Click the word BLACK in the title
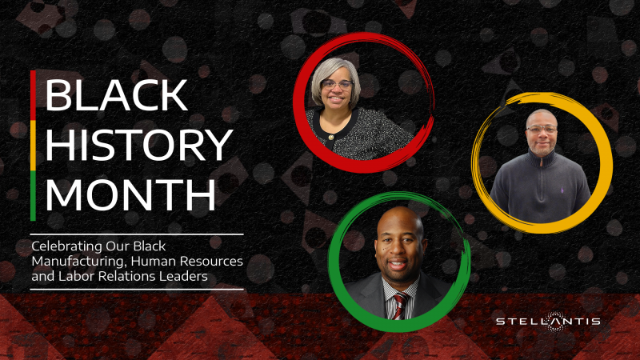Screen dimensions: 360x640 (116, 95)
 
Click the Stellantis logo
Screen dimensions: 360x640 (547, 322)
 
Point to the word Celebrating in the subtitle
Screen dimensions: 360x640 (62, 246)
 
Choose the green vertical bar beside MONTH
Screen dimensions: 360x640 (33, 195)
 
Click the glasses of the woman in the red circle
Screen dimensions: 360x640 (338, 84)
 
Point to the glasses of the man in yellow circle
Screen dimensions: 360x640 (541, 128)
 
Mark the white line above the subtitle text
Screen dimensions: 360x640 (136, 234)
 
